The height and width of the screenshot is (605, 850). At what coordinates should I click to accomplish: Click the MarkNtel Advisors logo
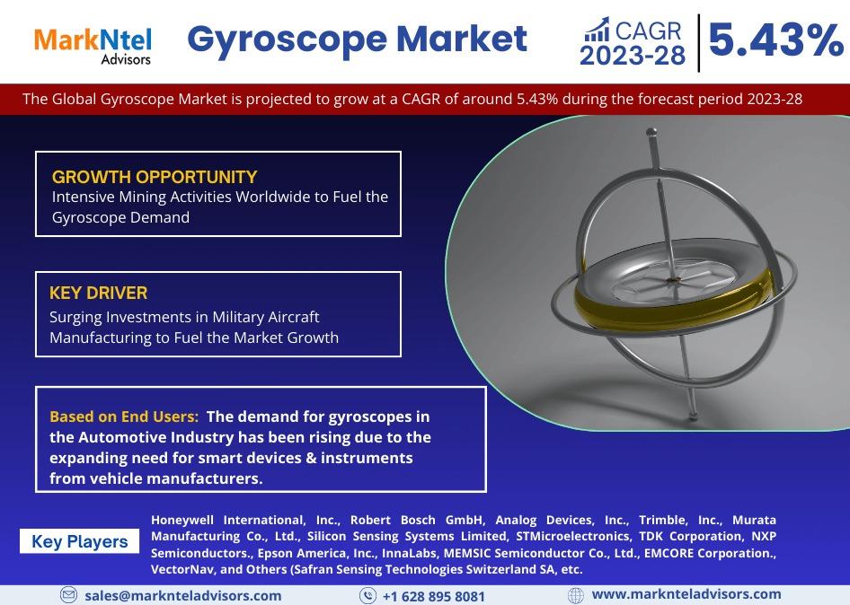click(93, 46)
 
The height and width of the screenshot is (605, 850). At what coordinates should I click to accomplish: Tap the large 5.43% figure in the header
click(775, 40)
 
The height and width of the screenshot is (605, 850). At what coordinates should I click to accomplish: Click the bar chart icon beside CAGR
click(597, 30)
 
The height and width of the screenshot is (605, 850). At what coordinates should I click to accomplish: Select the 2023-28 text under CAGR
click(633, 56)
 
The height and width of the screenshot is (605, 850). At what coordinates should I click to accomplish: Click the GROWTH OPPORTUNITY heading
click(155, 177)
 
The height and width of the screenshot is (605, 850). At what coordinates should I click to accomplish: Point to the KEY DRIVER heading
click(98, 293)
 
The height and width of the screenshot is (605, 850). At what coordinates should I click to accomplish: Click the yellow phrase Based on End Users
click(124, 416)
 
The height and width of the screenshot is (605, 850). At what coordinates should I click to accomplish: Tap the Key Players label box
click(80, 541)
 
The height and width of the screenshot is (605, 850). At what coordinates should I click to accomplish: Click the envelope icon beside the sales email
click(68, 595)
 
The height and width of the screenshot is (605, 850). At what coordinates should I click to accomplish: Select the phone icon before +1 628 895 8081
click(367, 596)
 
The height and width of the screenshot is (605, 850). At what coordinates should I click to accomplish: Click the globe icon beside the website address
click(576, 595)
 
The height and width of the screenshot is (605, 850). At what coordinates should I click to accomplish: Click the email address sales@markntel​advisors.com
click(182, 596)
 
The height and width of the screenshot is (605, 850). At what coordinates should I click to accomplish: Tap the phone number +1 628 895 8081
click(434, 596)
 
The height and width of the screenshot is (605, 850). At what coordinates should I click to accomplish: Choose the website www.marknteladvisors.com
click(686, 594)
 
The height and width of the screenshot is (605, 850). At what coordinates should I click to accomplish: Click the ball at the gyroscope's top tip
click(652, 132)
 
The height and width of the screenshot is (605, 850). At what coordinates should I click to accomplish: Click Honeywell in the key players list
click(182, 521)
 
